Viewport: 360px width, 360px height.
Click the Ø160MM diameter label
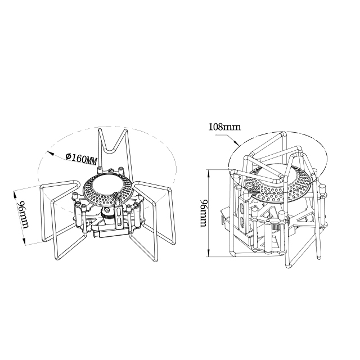point(81,159)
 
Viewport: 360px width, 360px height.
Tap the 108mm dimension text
point(224,127)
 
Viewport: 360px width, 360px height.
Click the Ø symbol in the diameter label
point(68,156)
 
